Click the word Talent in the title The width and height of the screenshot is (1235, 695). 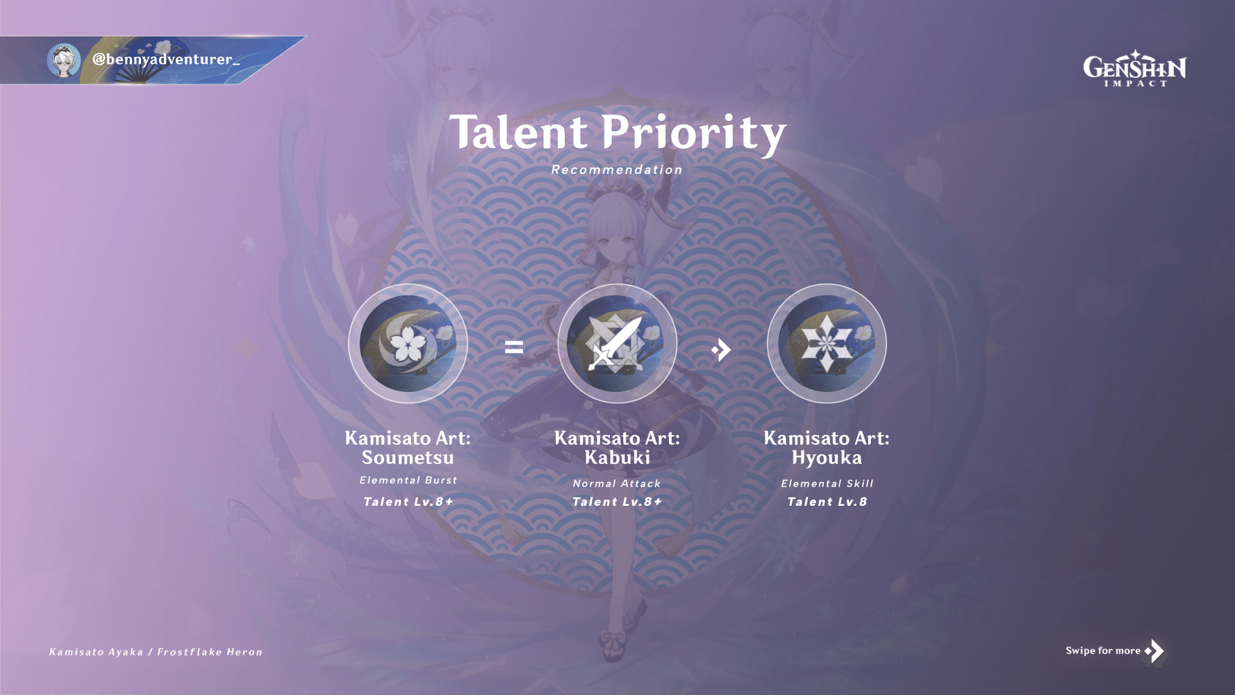pos(518,132)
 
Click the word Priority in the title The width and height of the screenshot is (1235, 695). pos(693,133)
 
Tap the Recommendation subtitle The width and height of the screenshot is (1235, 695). pos(617,170)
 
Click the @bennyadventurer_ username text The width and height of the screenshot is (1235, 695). pos(166,60)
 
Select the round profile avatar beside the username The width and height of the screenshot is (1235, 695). pos(64,60)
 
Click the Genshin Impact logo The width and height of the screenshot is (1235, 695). pos(1135,68)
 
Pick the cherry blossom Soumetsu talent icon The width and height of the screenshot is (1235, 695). pos(408,343)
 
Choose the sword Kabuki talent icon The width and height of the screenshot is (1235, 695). pos(617,343)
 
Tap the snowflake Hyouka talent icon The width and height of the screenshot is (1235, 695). pos(827,343)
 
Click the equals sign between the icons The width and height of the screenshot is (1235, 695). pos(514,347)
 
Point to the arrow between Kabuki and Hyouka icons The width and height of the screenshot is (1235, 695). pos(721,350)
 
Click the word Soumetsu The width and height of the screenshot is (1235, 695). pos(408,458)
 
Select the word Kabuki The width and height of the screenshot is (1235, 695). pos(617,458)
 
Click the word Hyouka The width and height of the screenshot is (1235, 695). pos(827,458)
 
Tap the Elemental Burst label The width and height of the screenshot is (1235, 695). pos(408,480)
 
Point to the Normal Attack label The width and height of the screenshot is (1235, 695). pos(617,484)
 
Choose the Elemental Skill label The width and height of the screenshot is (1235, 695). pos(827,484)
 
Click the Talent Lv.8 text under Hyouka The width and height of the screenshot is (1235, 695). pos(827,502)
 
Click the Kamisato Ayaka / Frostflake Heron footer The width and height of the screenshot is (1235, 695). pos(156,652)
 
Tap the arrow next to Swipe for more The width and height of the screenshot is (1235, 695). pos(1154,651)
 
